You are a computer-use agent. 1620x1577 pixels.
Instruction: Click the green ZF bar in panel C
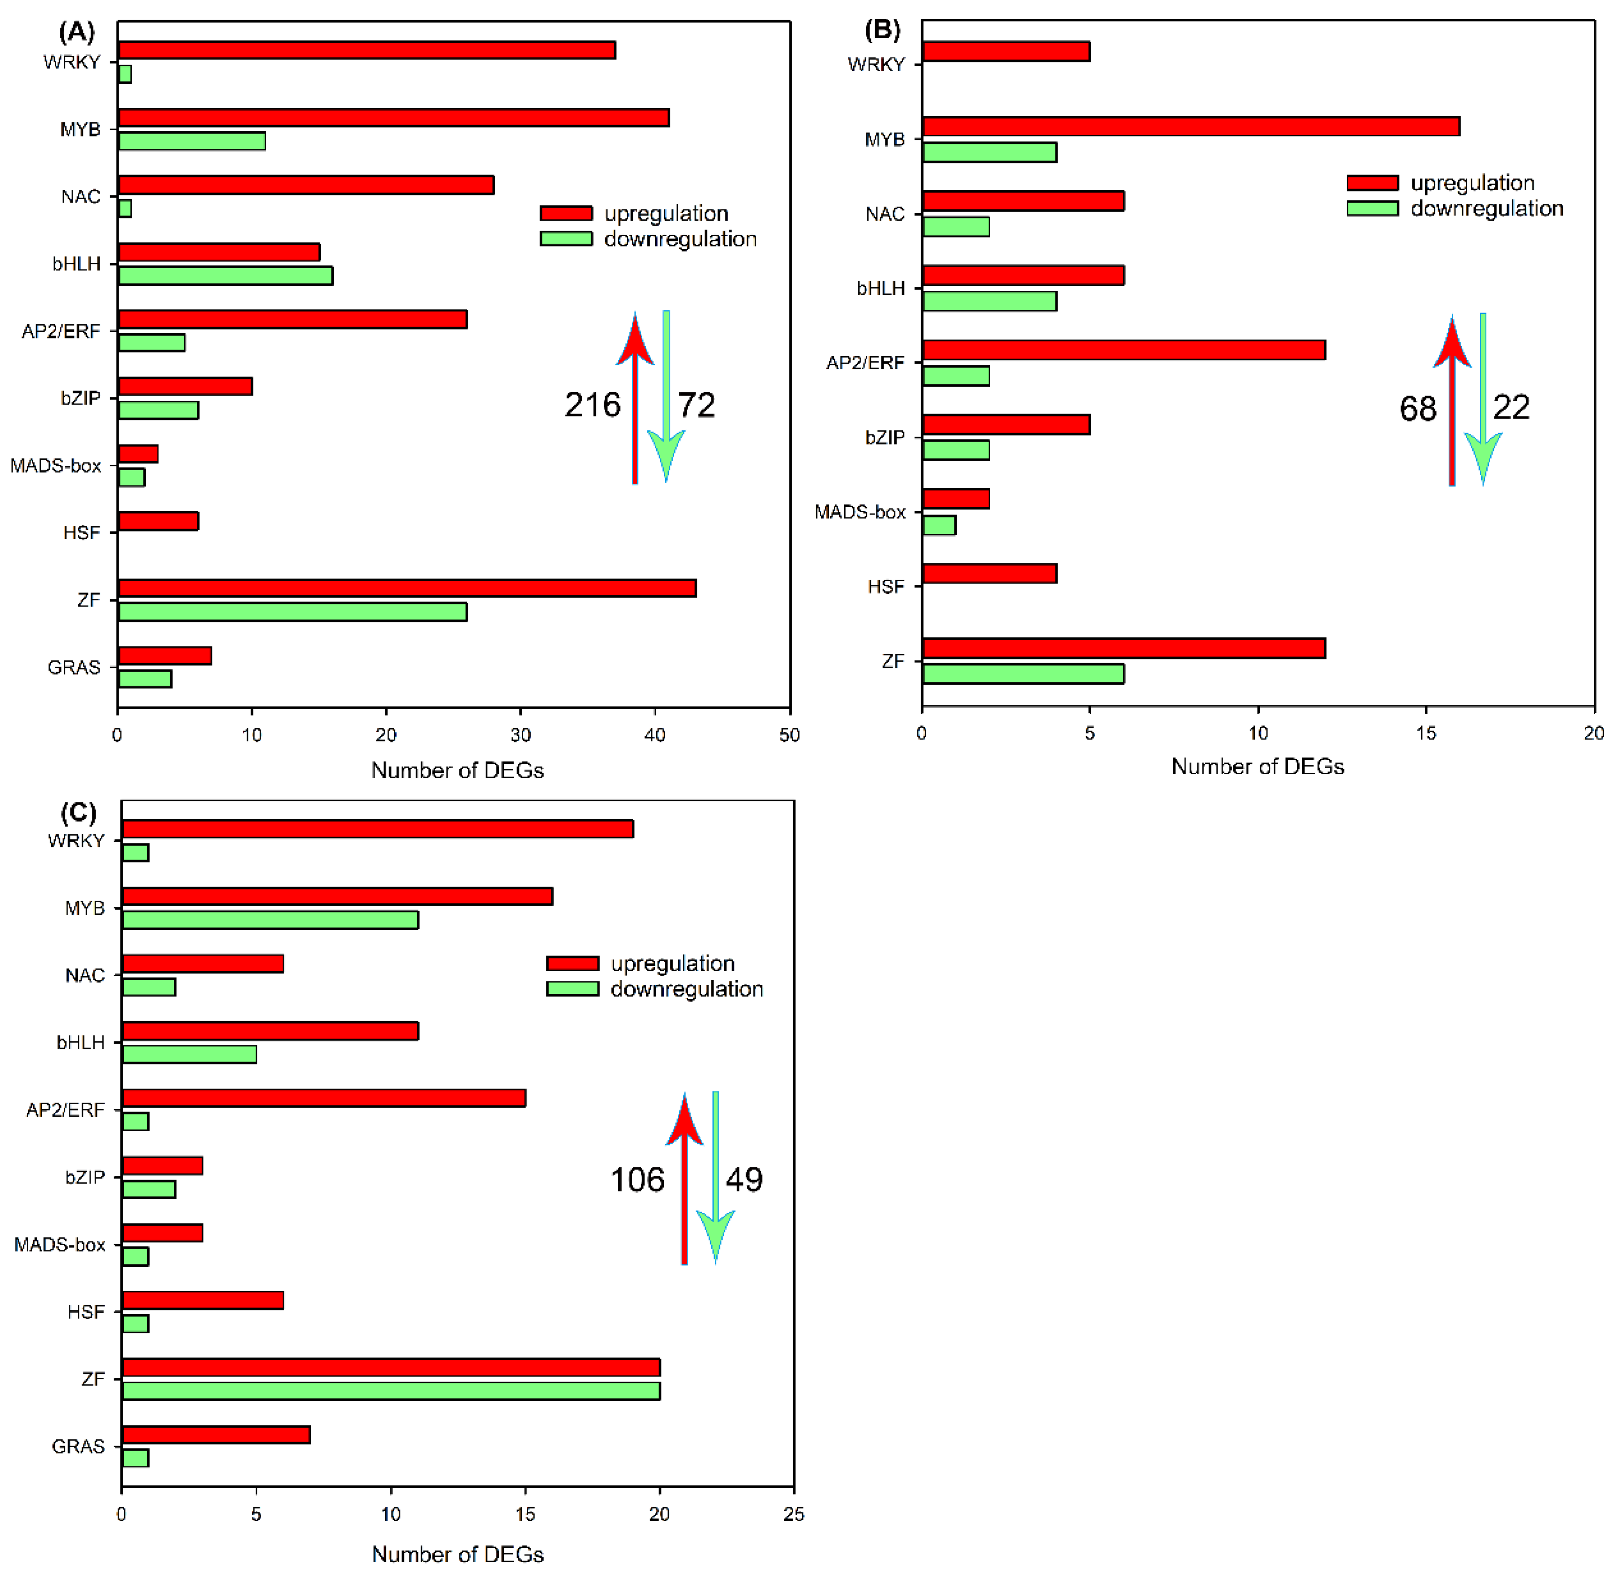[x=391, y=1390]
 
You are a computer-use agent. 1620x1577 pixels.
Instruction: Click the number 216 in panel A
[x=592, y=405]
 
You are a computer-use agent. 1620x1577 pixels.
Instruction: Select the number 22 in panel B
[x=1511, y=408]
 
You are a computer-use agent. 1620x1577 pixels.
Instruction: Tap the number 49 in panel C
[x=744, y=1180]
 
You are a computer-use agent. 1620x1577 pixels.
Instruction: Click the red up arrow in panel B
[x=1452, y=397]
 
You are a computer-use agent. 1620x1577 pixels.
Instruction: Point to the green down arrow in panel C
[x=716, y=1176]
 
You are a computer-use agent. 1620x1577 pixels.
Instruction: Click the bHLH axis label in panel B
[x=880, y=288]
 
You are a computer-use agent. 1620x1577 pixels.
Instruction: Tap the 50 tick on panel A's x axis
[x=789, y=735]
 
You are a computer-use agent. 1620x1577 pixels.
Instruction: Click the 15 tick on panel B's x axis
[x=1425, y=733]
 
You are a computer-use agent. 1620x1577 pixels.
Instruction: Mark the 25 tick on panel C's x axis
[x=794, y=1514]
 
